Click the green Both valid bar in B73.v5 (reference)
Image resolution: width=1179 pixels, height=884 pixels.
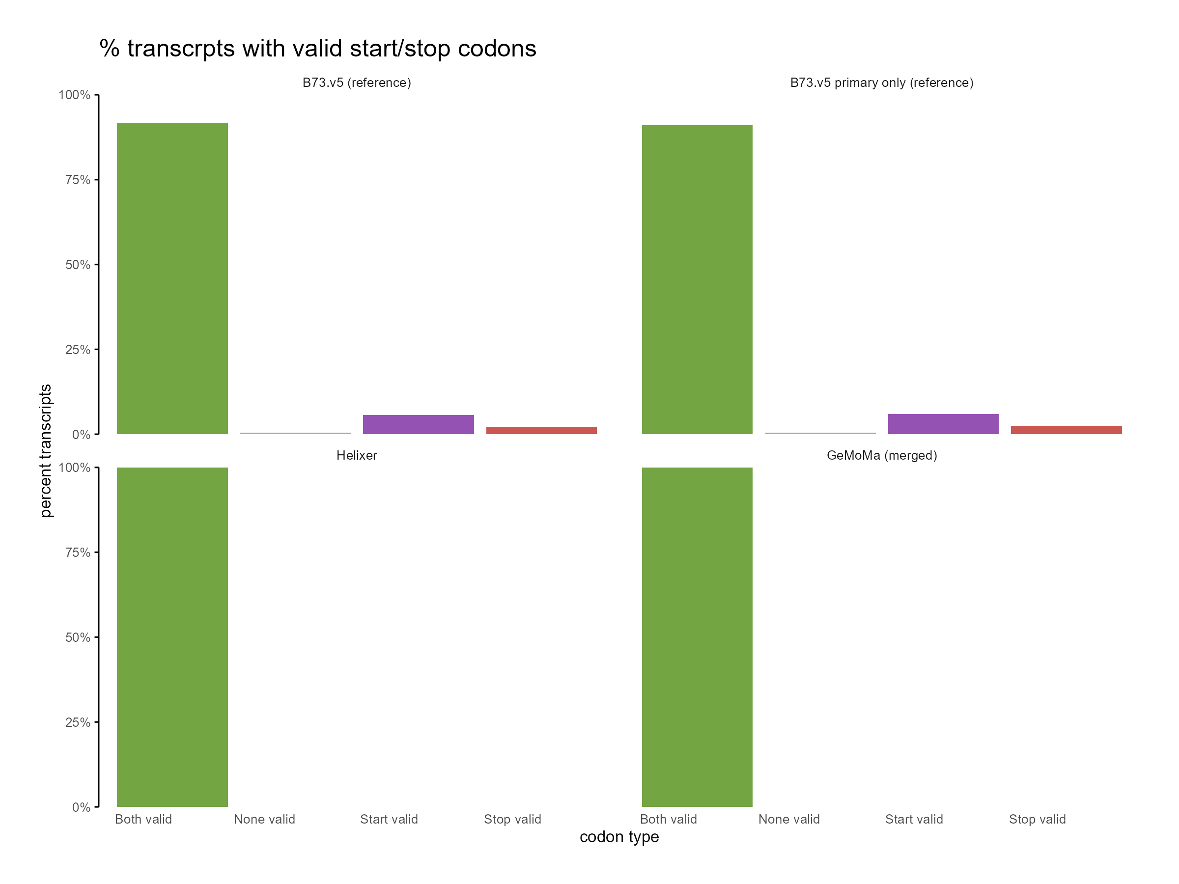[172, 278]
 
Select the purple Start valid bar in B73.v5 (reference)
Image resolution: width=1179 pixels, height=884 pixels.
[419, 424]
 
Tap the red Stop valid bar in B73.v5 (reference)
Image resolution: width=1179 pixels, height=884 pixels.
[541, 431]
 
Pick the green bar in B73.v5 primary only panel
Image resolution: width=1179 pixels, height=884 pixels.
[697, 280]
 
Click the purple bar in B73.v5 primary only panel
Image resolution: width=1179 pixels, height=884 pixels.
[943, 424]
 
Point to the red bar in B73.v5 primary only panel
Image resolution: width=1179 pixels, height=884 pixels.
[1066, 430]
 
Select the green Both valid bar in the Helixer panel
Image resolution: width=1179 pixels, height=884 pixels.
[172, 637]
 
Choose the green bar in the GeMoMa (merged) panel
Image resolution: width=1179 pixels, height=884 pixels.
[697, 637]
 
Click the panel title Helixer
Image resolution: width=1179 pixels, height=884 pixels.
[357, 456]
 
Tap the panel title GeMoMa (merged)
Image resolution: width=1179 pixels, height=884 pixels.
[882, 456]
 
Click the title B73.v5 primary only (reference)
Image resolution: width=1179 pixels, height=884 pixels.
[882, 83]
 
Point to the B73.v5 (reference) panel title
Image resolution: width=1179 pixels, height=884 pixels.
[357, 83]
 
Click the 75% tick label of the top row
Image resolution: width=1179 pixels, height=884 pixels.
[78, 180]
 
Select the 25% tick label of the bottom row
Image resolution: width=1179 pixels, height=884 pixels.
[78, 722]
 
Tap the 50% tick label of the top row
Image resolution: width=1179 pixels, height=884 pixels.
[78, 265]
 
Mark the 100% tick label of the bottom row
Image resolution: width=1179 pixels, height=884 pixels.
[75, 468]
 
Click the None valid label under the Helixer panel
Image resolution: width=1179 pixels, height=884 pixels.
[264, 819]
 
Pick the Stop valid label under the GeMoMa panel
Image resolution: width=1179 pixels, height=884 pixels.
[1037, 819]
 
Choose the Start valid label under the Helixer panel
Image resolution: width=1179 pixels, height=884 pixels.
[389, 819]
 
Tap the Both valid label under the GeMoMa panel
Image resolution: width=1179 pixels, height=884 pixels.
[669, 819]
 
